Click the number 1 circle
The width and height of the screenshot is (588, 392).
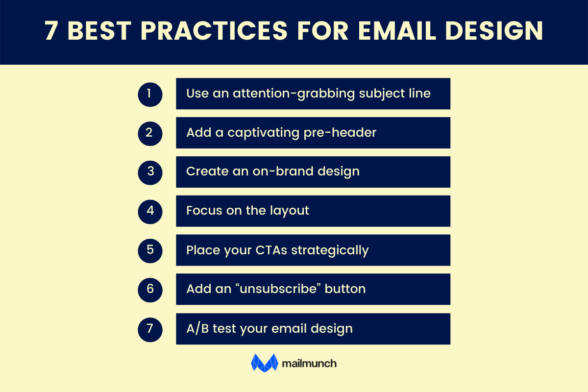click(x=150, y=94)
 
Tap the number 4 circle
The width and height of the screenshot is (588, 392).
click(x=150, y=211)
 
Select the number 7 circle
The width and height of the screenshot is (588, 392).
click(x=150, y=328)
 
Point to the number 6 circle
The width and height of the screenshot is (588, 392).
click(x=150, y=289)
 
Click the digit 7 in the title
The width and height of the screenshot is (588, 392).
click(x=51, y=31)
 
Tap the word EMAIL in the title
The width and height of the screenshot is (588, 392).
click(x=397, y=31)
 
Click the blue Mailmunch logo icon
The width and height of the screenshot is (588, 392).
click(x=265, y=363)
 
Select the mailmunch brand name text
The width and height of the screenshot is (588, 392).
click(x=309, y=364)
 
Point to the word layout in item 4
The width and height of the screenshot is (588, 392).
click(x=290, y=211)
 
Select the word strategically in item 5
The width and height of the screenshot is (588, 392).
click(x=330, y=250)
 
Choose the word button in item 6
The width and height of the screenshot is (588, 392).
click(x=345, y=289)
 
